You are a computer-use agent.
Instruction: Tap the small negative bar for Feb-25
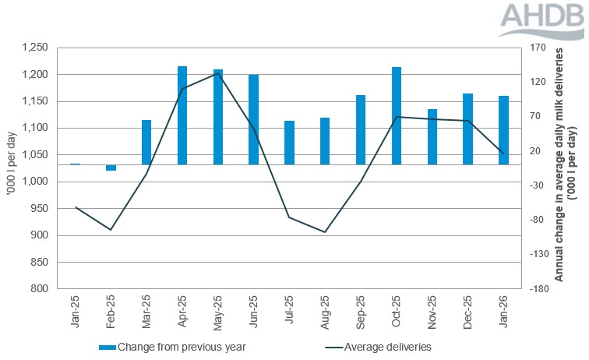point(111,168)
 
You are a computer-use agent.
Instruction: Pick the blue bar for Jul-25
point(289,143)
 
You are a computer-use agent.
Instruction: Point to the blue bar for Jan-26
point(503,130)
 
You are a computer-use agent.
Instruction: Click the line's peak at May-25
point(217,73)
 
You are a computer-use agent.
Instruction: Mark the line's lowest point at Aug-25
point(325,232)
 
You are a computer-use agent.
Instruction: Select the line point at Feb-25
point(111,230)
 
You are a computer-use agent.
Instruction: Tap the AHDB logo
point(541,21)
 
